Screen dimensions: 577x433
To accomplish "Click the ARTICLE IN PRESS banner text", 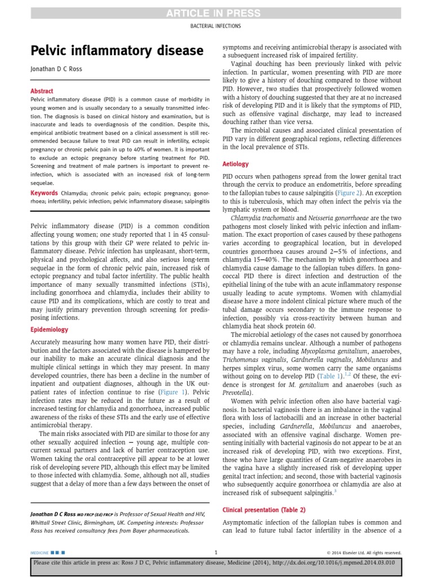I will [x=216, y=14].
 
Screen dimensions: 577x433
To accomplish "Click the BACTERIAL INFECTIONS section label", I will [x=216, y=26].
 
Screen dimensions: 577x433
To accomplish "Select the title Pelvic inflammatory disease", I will [x=117, y=51].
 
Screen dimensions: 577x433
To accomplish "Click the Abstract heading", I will [x=42, y=91].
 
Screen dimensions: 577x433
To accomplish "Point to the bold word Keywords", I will [x=44, y=193].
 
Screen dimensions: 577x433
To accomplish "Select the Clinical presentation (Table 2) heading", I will [x=264, y=509].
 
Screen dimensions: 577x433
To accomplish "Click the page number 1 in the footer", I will [x=216, y=552].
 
